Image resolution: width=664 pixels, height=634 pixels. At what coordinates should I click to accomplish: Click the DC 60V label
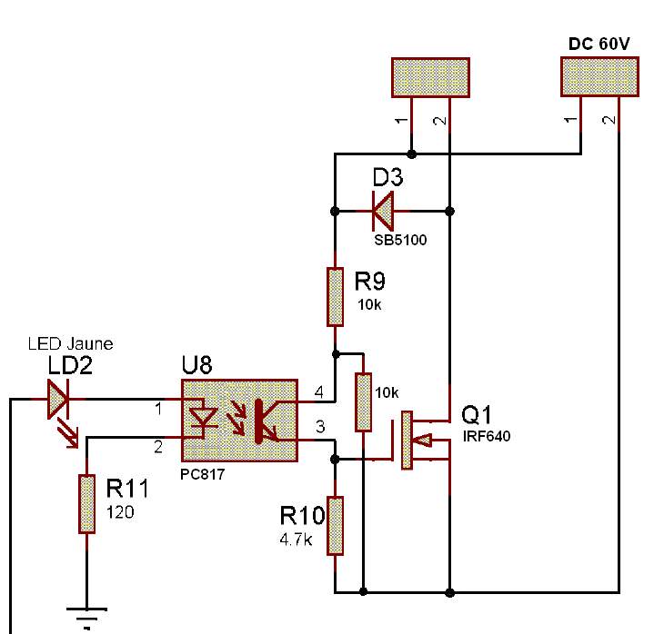[599, 43]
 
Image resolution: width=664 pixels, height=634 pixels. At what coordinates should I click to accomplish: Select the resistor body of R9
[336, 295]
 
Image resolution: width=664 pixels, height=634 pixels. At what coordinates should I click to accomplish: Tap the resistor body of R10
[336, 525]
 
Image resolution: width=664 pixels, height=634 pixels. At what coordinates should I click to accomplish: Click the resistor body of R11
[87, 503]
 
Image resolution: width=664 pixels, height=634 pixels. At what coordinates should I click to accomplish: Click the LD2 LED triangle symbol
[59, 399]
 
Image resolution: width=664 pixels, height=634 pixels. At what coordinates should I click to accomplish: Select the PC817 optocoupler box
[240, 421]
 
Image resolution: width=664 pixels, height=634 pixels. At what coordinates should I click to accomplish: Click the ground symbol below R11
[86, 615]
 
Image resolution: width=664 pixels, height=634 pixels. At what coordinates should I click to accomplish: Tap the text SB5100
[400, 241]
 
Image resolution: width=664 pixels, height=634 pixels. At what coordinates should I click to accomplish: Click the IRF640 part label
[487, 437]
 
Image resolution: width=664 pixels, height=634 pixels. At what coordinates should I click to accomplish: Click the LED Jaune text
[70, 343]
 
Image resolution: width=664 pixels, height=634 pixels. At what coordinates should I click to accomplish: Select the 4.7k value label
[297, 539]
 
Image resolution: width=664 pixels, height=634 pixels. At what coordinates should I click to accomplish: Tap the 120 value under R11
[120, 512]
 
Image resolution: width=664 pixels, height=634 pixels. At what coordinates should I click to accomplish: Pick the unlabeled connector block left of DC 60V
[430, 77]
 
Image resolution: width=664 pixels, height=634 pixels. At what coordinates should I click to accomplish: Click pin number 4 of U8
[318, 392]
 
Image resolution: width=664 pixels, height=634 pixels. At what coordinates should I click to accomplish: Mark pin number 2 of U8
[158, 446]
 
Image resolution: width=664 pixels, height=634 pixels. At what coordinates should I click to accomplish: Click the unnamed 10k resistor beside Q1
[364, 401]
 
